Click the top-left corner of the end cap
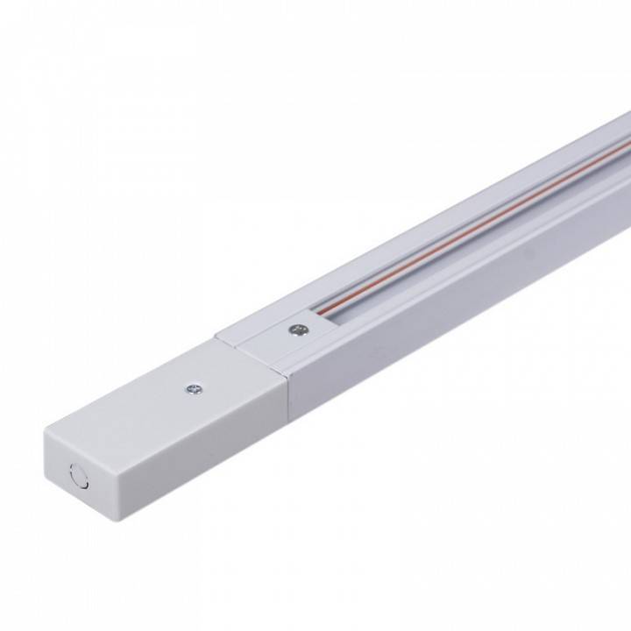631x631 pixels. click(44, 430)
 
